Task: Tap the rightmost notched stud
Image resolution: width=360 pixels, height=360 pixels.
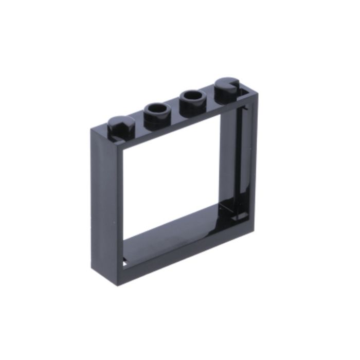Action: pos(228,86)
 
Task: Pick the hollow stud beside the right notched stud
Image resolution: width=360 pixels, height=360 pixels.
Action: pos(193,99)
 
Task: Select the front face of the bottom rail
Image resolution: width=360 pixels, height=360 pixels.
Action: pos(180,257)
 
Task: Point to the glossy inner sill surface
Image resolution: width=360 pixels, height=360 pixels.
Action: pos(175,231)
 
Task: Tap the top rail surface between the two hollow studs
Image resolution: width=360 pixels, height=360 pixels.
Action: pos(175,110)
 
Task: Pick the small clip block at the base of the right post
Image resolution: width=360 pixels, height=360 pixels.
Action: pos(238,214)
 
